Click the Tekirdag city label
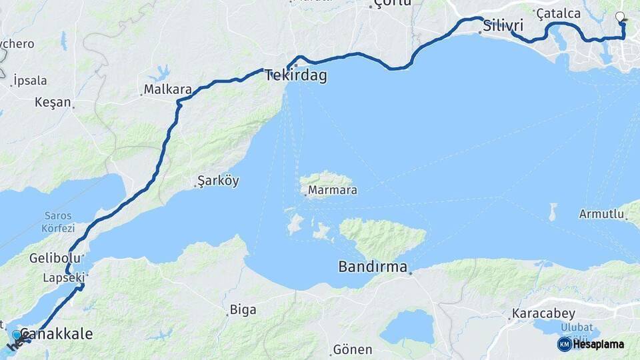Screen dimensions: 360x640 pyautogui.click(x=296, y=75)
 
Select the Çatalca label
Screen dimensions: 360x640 pyautogui.click(x=559, y=13)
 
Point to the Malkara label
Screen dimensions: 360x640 pyautogui.click(x=168, y=89)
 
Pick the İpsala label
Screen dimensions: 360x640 pyautogui.click(x=30, y=81)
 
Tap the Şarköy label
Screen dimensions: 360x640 pyautogui.click(x=218, y=181)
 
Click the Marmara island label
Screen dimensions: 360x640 pyautogui.click(x=334, y=190)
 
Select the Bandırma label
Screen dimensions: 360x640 pyautogui.click(x=373, y=267)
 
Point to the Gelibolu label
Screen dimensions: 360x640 pyautogui.click(x=47, y=257)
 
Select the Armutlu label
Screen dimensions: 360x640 pyautogui.click(x=601, y=214)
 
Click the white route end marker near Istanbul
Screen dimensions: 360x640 pyautogui.click(x=621, y=17)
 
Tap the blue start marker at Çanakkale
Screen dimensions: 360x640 pyautogui.click(x=17, y=334)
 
